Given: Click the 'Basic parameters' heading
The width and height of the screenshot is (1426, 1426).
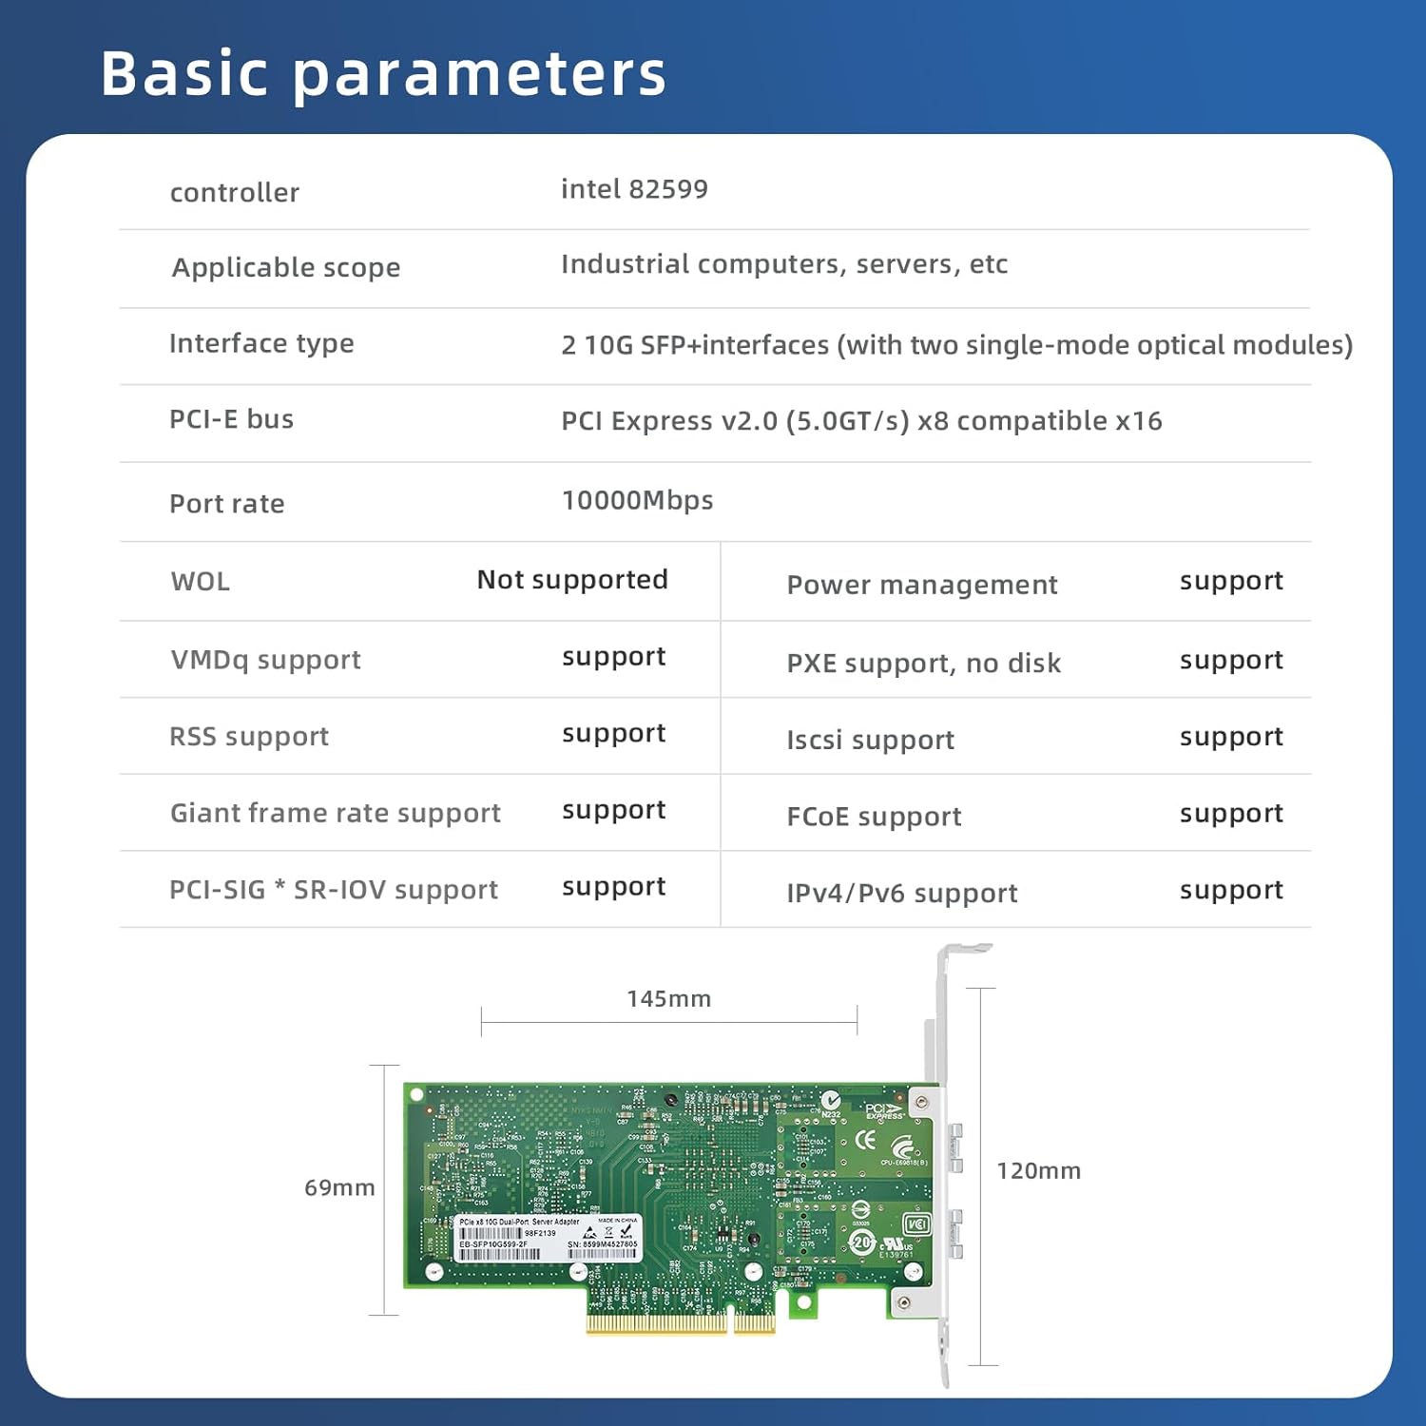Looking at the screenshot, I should coord(383,74).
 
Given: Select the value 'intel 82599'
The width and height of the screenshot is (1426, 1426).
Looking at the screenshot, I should coord(634,189).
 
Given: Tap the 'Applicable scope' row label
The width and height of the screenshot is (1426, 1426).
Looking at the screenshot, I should coord(286,267).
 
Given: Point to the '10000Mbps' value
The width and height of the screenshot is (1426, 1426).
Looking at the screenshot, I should coord(637,500).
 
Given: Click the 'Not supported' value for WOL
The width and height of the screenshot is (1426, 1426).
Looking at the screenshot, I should coord(572,580).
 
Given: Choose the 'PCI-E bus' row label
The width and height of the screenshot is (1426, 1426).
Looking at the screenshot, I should coord(231,419).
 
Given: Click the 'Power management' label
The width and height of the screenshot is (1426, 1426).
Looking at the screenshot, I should coord(921,585).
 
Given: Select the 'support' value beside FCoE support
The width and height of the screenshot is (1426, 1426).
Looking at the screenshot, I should coord(1231,814).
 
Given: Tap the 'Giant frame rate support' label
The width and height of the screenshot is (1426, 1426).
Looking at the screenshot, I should coord(335,813).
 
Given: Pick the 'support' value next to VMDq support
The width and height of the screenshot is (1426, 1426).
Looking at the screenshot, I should coord(613,657).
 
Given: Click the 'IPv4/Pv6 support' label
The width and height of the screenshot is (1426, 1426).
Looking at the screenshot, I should coord(901,893).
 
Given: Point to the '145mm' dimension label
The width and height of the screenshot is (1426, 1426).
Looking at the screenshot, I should coord(668,999).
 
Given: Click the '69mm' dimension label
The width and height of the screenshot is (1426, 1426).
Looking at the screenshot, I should coord(339,1187).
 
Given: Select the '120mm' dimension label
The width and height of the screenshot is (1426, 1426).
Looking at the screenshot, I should coord(1038,1171).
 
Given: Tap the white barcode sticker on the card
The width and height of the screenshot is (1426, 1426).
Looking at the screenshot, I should coord(548,1238).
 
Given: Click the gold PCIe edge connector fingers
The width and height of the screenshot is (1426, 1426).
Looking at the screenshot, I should coord(680,1322).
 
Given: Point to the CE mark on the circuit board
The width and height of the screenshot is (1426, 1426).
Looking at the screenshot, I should coord(865,1140).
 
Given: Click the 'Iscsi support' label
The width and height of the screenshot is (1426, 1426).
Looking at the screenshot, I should coord(870,740).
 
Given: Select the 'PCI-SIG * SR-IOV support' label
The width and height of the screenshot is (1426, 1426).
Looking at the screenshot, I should coord(333,890).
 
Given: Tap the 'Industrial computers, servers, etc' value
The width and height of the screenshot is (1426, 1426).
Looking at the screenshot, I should coord(783,264).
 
